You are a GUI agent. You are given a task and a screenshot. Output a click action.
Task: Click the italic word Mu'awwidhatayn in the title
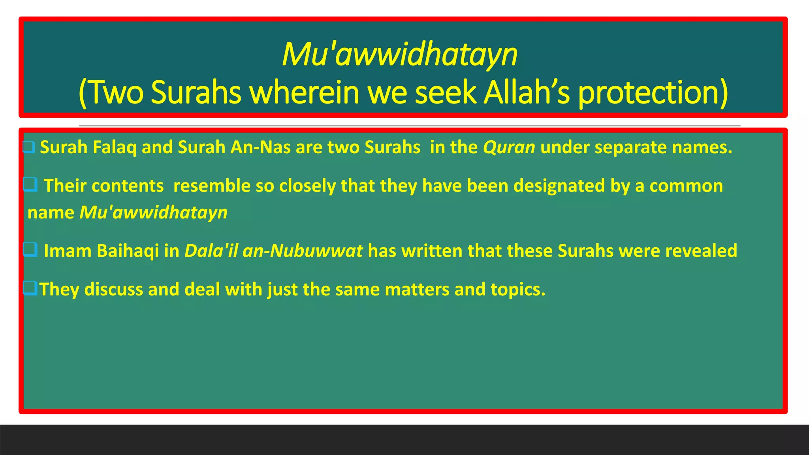[x=399, y=55]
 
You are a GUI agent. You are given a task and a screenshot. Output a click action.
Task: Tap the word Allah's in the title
[x=527, y=92]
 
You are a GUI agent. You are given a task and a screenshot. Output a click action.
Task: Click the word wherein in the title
[x=305, y=92]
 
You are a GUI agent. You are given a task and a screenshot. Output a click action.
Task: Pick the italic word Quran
[x=509, y=148]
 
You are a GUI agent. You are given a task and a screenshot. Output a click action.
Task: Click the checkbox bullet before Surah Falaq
[x=29, y=147]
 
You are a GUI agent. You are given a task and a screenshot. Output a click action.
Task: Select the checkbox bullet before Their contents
[x=30, y=184]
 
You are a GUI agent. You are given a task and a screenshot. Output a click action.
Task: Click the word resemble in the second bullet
[x=212, y=186]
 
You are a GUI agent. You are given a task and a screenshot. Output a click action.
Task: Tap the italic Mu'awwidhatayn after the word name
[x=153, y=212]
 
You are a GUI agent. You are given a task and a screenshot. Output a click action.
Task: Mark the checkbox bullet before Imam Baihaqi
[x=30, y=250]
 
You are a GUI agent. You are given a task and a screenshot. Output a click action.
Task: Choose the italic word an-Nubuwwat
[x=303, y=251]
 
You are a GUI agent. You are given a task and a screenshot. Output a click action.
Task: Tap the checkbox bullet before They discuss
[x=30, y=288]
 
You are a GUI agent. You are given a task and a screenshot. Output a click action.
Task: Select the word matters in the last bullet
[x=417, y=290]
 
